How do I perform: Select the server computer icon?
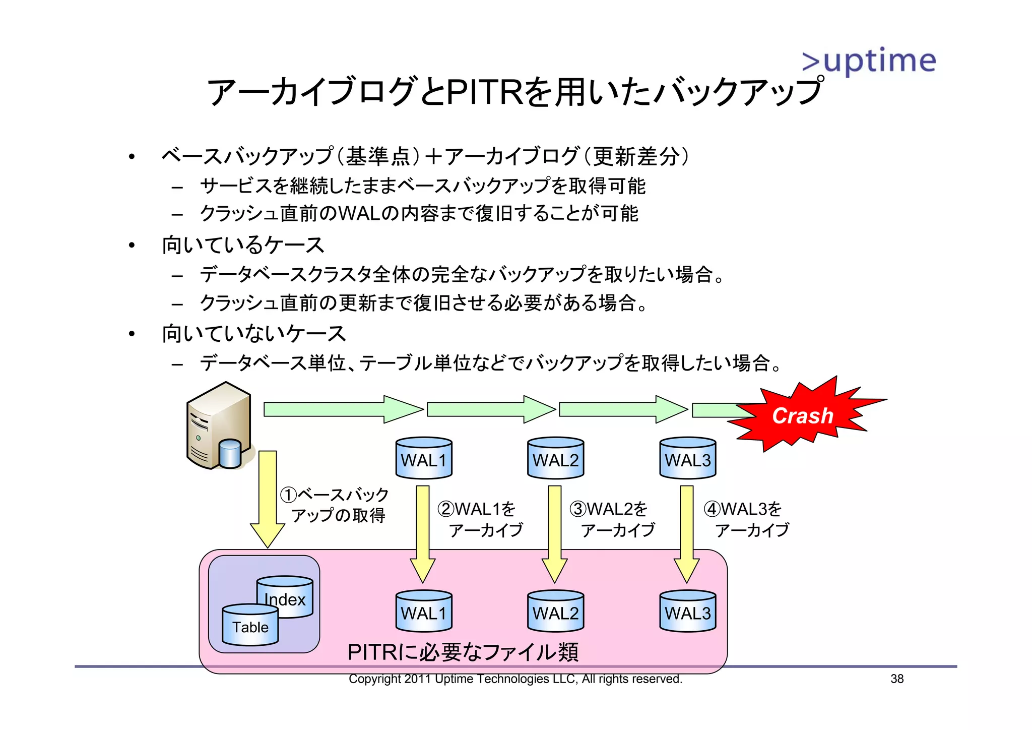[219, 427]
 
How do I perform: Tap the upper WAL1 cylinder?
[424, 458]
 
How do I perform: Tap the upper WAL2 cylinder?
[555, 458]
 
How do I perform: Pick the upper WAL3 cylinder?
[687, 458]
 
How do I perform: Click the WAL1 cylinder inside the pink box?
[424, 611]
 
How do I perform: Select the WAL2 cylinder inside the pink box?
[555, 611]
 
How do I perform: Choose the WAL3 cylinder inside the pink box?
[687, 611]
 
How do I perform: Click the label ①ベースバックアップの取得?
[335, 505]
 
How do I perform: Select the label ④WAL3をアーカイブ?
[747, 519]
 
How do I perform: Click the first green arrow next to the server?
[343, 409]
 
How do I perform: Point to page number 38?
[896, 679]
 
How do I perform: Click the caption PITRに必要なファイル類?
[463, 652]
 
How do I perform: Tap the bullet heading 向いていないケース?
[253, 334]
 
